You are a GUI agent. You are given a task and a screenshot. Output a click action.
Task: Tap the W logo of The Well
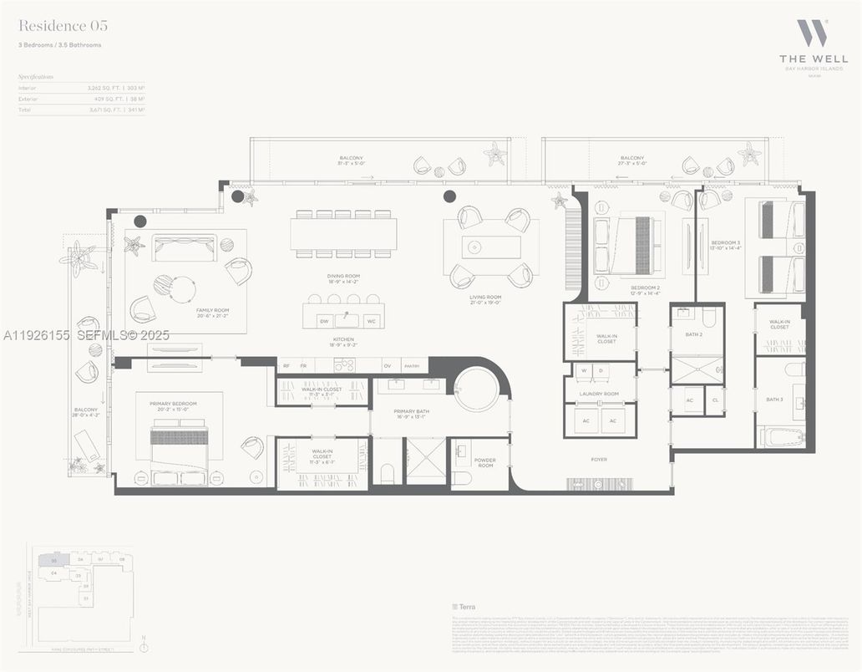coord(811,33)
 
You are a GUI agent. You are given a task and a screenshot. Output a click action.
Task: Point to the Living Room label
coord(485,297)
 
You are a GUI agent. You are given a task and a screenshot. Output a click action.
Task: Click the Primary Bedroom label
coord(173,404)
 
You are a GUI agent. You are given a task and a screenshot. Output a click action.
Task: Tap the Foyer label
coord(599,459)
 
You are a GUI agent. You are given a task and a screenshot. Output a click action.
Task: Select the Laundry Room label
coord(600,394)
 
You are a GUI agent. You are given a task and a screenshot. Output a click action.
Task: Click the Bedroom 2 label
coord(646,288)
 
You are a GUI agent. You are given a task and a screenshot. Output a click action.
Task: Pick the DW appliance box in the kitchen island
coord(323,321)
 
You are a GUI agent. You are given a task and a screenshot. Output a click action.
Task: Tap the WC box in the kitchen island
coord(370,321)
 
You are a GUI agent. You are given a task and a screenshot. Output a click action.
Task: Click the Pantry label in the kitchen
coord(411,365)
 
